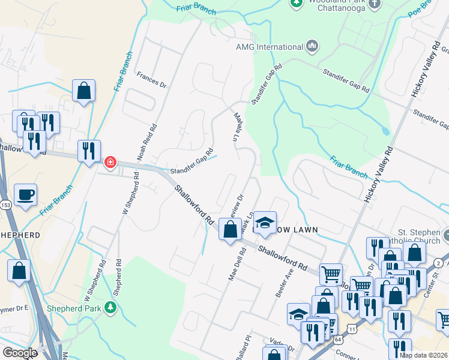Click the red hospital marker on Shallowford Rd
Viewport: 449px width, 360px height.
110,162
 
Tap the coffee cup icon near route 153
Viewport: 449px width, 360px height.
25,196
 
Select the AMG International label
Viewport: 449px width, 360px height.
269,47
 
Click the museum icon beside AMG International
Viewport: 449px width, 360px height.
312,46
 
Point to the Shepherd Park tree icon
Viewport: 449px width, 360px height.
110,308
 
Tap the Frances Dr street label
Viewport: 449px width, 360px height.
151,80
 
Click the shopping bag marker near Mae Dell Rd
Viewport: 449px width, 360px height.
230,229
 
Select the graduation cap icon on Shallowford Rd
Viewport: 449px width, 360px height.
265,221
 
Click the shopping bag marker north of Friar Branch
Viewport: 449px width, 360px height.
84,91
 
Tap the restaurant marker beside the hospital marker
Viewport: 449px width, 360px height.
89,151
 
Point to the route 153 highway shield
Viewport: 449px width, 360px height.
5,205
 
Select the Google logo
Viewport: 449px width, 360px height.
19,353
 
